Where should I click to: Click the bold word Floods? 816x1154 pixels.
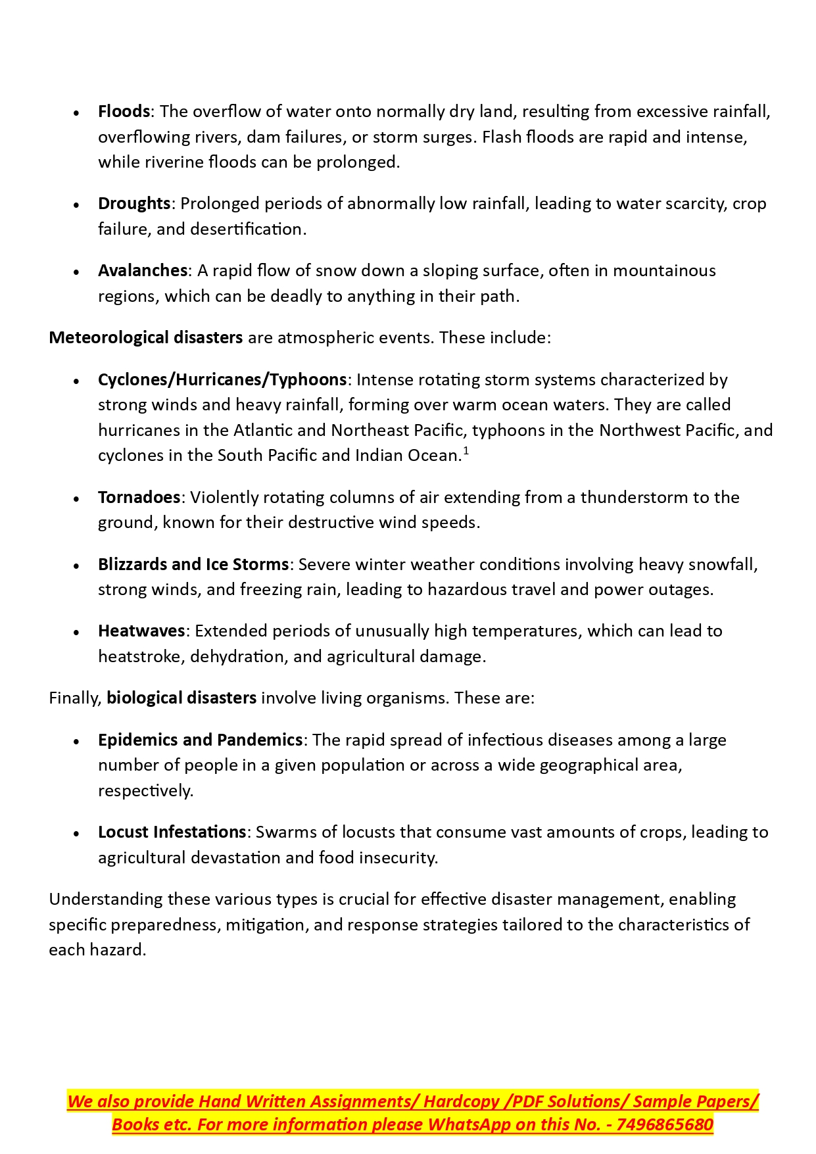pyautogui.click(x=124, y=112)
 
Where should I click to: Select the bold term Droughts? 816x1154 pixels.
pyautogui.click(x=134, y=204)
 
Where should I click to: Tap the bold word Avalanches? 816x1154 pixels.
pyautogui.click(x=143, y=271)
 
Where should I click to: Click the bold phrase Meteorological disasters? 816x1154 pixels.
pyautogui.click(x=146, y=338)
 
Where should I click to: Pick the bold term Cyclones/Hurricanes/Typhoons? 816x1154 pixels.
pyautogui.click(x=222, y=380)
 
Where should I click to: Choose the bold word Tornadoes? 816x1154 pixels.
pyautogui.click(x=139, y=498)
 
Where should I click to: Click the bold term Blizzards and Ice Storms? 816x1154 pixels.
pyautogui.click(x=193, y=565)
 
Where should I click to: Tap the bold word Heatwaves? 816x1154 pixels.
pyautogui.click(x=141, y=631)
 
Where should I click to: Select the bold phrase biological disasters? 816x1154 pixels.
pyautogui.click(x=181, y=698)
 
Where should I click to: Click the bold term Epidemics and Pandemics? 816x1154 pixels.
pyautogui.click(x=200, y=740)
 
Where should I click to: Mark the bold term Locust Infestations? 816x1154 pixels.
pyautogui.click(x=172, y=832)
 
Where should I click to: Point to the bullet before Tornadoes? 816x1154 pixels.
pyautogui.click(x=77, y=498)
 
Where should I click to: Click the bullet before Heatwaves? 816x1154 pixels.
pyautogui.click(x=77, y=632)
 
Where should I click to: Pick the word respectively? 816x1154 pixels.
pyautogui.click(x=145, y=791)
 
